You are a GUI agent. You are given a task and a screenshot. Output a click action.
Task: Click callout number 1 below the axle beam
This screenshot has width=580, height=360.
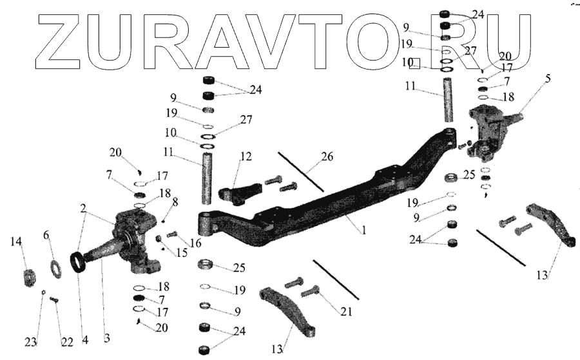click(x=364, y=229)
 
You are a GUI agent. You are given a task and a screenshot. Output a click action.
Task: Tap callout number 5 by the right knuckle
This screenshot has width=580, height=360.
click(x=548, y=79)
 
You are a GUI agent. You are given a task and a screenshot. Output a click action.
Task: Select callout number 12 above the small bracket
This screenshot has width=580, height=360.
click(x=246, y=156)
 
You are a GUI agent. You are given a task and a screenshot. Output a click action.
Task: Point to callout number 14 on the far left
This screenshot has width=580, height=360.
click(x=16, y=242)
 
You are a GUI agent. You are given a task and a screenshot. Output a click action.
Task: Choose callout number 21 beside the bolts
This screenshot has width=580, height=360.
click(x=347, y=311)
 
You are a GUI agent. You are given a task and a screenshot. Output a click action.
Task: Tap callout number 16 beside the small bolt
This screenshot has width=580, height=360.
click(x=195, y=243)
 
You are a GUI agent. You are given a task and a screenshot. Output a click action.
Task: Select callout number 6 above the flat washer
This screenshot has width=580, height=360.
click(x=46, y=236)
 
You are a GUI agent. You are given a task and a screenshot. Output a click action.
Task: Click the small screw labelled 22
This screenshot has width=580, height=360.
click(x=53, y=299)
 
